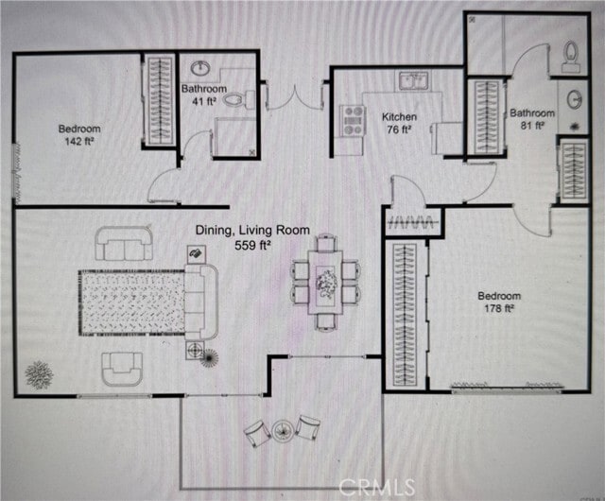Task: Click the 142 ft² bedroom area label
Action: coord(79,134)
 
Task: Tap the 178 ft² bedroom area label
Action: coord(500,302)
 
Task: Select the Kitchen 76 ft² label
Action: coord(398,123)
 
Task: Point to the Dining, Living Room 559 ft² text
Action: coord(233,236)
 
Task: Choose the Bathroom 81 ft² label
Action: coord(532,118)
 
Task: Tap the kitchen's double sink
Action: coord(412,80)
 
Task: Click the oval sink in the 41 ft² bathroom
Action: coord(201,68)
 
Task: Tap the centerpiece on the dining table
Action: coord(326,282)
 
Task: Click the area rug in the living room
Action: coord(131,302)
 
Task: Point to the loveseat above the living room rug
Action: coord(123,245)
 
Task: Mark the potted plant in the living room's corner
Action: coord(39,374)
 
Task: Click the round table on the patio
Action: coord(283,431)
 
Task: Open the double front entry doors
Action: coord(295,97)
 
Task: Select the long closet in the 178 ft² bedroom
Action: coord(404,314)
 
